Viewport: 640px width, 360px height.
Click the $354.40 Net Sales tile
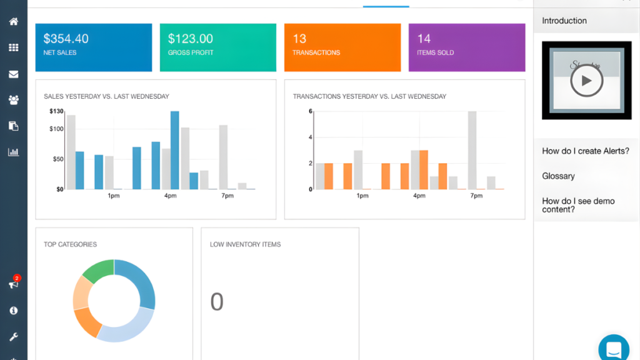pos(93,47)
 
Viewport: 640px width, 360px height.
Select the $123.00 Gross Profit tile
pos(217,47)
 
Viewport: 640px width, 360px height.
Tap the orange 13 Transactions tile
pos(342,47)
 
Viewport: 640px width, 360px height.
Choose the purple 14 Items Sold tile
pos(466,47)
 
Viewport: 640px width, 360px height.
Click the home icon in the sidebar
pos(13,22)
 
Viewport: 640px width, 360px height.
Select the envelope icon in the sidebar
pos(13,74)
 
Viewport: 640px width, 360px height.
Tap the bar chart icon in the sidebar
pos(13,152)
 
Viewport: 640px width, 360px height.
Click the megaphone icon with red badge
pos(13,284)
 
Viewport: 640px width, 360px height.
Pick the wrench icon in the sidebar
pos(13,337)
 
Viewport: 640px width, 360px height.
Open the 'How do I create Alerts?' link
pos(585,151)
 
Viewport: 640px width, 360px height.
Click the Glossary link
pos(558,176)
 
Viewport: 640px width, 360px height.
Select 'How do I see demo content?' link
pos(578,205)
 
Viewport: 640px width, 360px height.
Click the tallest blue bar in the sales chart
pos(175,150)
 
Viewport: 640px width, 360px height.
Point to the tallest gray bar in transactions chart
pos(472,150)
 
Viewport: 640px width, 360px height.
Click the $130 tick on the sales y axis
pos(56,111)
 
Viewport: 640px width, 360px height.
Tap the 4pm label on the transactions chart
pos(419,196)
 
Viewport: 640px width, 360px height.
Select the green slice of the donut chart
pos(98,270)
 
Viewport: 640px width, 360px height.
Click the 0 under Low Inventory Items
pos(217,302)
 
